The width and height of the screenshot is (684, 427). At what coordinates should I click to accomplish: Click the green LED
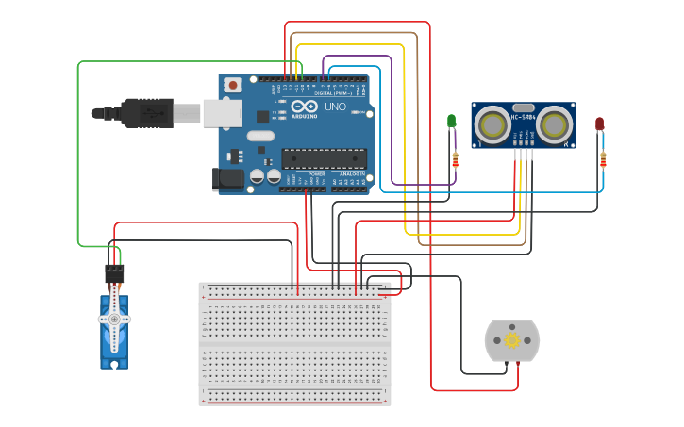tap(451, 122)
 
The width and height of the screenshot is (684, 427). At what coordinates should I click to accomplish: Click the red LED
tap(599, 123)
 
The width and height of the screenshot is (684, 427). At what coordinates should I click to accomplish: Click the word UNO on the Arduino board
tap(335, 107)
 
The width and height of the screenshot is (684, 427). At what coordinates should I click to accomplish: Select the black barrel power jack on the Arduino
tap(229, 177)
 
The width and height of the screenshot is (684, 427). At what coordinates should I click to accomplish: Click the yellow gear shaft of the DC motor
tap(512, 339)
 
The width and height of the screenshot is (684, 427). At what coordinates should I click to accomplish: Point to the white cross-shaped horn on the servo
tap(114, 319)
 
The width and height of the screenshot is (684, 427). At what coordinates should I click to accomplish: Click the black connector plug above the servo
tap(114, 274)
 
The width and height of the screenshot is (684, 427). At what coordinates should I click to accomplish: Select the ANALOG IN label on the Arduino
tap(351, 174)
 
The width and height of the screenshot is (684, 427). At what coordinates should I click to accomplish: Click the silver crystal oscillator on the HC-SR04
tap(524, 107)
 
